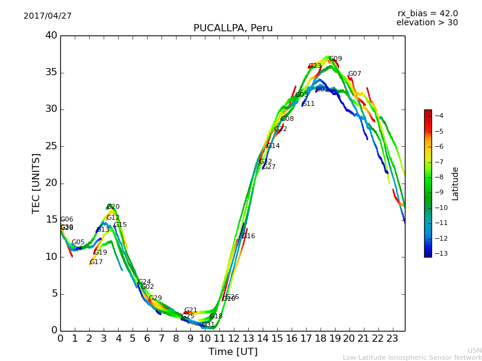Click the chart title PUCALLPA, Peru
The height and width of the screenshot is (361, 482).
pyautogui.click(x=233, y=28)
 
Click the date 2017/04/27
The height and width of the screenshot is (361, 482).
pyautogui.click(x=48, y=16)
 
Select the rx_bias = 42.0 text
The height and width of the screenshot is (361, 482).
pyautogui.click(x=427, y=14)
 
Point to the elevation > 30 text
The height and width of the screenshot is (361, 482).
pyautogui.click(x=427, y=23)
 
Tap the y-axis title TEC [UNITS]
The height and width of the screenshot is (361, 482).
pyautogui.click(x=36, y=183)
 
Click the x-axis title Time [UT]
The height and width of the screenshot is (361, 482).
pyautogui.click(x=233, y=352)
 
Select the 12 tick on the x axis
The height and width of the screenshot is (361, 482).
pyautogui.click(x=233, y=338)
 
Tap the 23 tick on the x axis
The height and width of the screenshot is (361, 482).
pyautogui.click(x=392, y=338)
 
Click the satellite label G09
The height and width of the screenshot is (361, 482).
pyautogui.click(x=335, y=59)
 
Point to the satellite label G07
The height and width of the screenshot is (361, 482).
pyautogui.click(x=354, y=74)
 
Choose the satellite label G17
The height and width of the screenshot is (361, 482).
pyautogui.click(x=96, y=262)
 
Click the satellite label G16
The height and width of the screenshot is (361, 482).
pyautogui.click(x=248, y=236)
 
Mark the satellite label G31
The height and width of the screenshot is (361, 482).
pyautogui.click(x=208, y=325)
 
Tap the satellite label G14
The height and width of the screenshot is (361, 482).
pyautogui.click(x=273, y=146)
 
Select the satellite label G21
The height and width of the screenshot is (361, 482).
pyautogui.click(x=190, y=310)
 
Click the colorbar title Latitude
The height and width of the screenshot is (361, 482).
pyautogui.click(x=455, y=184)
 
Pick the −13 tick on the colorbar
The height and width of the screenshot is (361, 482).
pyautogui.click(x=438, y=253)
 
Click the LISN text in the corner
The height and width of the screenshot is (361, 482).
pyautogui.click(x=474, y=350)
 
